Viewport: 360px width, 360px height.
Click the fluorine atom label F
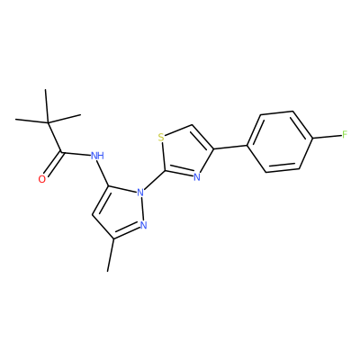click(x=345, y=135)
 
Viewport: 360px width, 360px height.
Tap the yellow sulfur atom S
click(x=161, y=138)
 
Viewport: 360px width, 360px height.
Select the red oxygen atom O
click(x=42, y=179)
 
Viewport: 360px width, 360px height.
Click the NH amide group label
click(x=97, y=156)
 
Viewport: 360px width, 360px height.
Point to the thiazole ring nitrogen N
click(x=197, y=177)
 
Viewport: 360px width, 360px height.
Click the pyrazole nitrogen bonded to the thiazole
click(x=140, y=192)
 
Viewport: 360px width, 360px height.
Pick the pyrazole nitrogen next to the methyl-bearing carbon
click(x=144, y=225)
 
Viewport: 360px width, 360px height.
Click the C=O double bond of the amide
click(x=54, y=164)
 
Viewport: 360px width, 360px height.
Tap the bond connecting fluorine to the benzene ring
click(x=327, y=137)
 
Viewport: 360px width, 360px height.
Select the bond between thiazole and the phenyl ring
click(x=230, y=148)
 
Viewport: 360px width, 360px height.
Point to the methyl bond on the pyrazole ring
click(x=110, y=255)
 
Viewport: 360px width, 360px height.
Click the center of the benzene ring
click(x=280, y=141)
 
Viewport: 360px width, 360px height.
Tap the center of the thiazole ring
click(x=184, y=152)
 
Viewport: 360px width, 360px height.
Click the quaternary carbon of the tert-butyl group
click(x=48, y=122)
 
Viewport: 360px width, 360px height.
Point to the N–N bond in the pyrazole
click(x=142, y=209)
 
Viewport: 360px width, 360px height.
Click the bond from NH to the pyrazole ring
click(x=103, y=173)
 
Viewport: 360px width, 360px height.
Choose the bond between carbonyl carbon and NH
click(x=76, y=154)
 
